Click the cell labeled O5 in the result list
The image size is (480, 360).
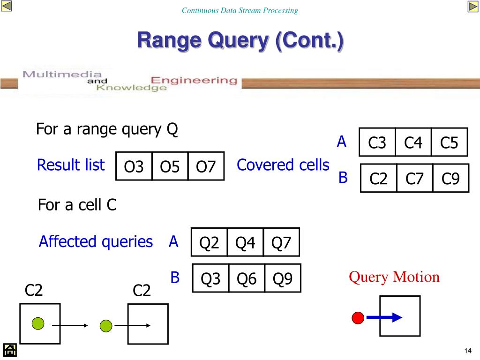click(170, 166)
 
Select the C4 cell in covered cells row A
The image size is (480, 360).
click(413, 142)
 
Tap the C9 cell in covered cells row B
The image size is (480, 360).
click(450, 178)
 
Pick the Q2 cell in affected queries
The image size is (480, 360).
click(209, 242)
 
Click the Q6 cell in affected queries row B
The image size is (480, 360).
click(247, 278)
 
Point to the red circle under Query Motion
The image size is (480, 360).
click(358, 318)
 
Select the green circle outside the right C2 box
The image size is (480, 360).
click(106, 325)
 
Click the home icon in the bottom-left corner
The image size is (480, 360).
click(10, 350)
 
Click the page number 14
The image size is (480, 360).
click(467, 351)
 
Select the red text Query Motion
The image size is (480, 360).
click(394, 277)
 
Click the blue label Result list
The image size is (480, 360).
click(71, 165)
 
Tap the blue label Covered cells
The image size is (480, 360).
click(283, 165)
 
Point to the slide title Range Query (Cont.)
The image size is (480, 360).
click(240, 40)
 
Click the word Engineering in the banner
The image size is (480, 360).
click(193, 80)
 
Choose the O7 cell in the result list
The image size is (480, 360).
click(206, 166)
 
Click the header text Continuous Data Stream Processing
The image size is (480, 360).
click(240, 10)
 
